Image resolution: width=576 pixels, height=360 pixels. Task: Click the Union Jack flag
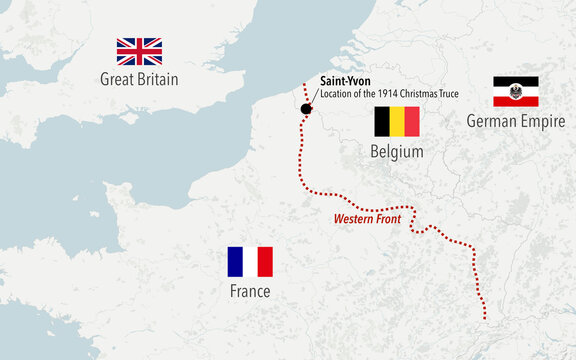(139, 51)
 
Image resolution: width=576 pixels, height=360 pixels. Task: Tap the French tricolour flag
(250, 262)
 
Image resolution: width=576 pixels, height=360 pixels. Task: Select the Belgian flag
(397, 122)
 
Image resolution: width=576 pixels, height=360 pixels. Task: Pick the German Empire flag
(516, 92)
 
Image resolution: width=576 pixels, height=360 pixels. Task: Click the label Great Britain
(139, 79)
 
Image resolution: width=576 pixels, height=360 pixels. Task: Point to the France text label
(249, 291)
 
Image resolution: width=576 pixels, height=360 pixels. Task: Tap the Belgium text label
(397, 151)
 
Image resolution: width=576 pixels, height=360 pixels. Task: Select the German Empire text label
(516, 121)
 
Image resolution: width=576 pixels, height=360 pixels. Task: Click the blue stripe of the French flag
(235, 262)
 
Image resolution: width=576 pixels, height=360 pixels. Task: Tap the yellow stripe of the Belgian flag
(397, 122)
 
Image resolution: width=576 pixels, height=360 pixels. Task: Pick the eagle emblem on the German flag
(516, 93)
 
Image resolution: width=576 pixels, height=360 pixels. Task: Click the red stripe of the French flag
(265, 262)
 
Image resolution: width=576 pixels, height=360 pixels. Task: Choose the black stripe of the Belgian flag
(382, 122)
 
